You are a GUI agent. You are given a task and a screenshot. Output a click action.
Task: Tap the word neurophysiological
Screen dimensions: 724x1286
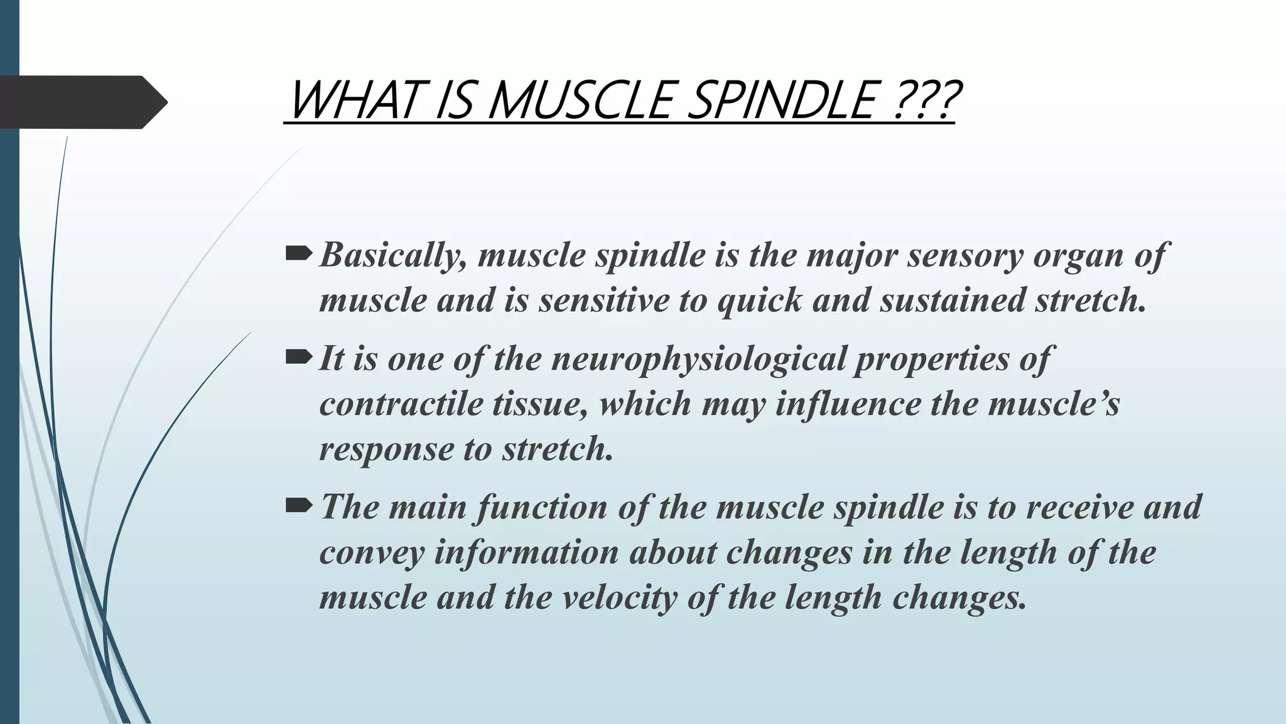coord(698,359)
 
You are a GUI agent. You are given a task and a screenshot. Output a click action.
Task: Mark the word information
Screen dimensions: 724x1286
coord(526,552)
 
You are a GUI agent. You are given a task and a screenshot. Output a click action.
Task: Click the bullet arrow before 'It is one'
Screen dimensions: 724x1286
coord(298,358)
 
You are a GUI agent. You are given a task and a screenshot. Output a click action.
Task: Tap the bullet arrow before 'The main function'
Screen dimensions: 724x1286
coord(298,505)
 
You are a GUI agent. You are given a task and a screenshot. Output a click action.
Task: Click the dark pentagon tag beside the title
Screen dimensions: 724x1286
coord(82,102)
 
